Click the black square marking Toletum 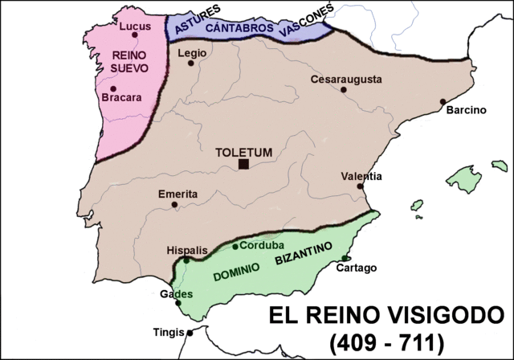tap(243, 165)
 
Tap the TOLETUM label tap(243, 151)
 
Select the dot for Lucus tap(137, 35)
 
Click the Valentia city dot tap(361, 186)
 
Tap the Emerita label tap(177, 194)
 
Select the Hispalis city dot tap(186, 260)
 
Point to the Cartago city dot tap(345, 258)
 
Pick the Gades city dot tap(177, 303)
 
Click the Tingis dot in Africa tap(190, 332)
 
